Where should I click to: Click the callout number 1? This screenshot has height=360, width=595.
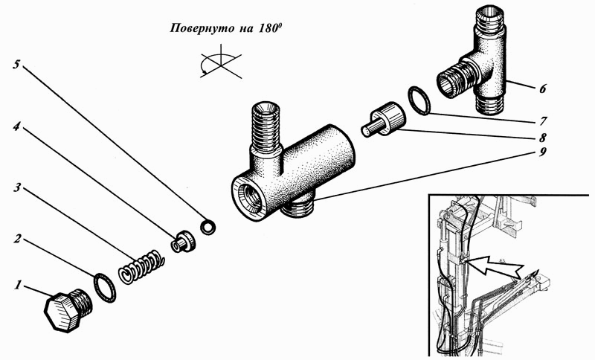point(17,285)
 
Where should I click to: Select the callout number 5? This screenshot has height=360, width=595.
point(16,64)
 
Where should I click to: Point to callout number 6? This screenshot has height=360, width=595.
point(543,89)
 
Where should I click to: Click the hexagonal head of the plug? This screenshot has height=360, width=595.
point(60,313)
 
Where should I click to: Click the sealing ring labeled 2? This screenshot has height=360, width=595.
point(103,288)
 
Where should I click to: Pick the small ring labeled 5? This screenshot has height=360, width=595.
point(208,227)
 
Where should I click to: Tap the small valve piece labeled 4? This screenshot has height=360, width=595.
point(183,242)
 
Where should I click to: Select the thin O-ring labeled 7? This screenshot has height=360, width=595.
point(419,100)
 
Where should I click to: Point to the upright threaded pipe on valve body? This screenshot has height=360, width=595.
point(266,129)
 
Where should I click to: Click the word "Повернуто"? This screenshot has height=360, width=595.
point(197,29)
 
